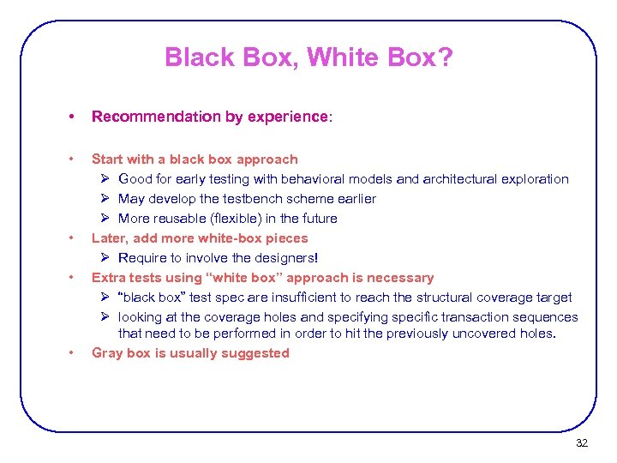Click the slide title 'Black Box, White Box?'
click(x=308, y=57)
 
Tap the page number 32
click(x=582, y=443)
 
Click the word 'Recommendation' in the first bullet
click(x=145, y=117)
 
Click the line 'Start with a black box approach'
click(x=195, y=159)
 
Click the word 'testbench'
click(x=246, y=199)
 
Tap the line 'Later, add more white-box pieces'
click(x=199, y=238)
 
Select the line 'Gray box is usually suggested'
click(x=190, y=353)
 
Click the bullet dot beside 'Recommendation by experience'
click(x=75, y=117)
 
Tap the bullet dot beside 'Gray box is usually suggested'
click(x=75, y=353)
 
